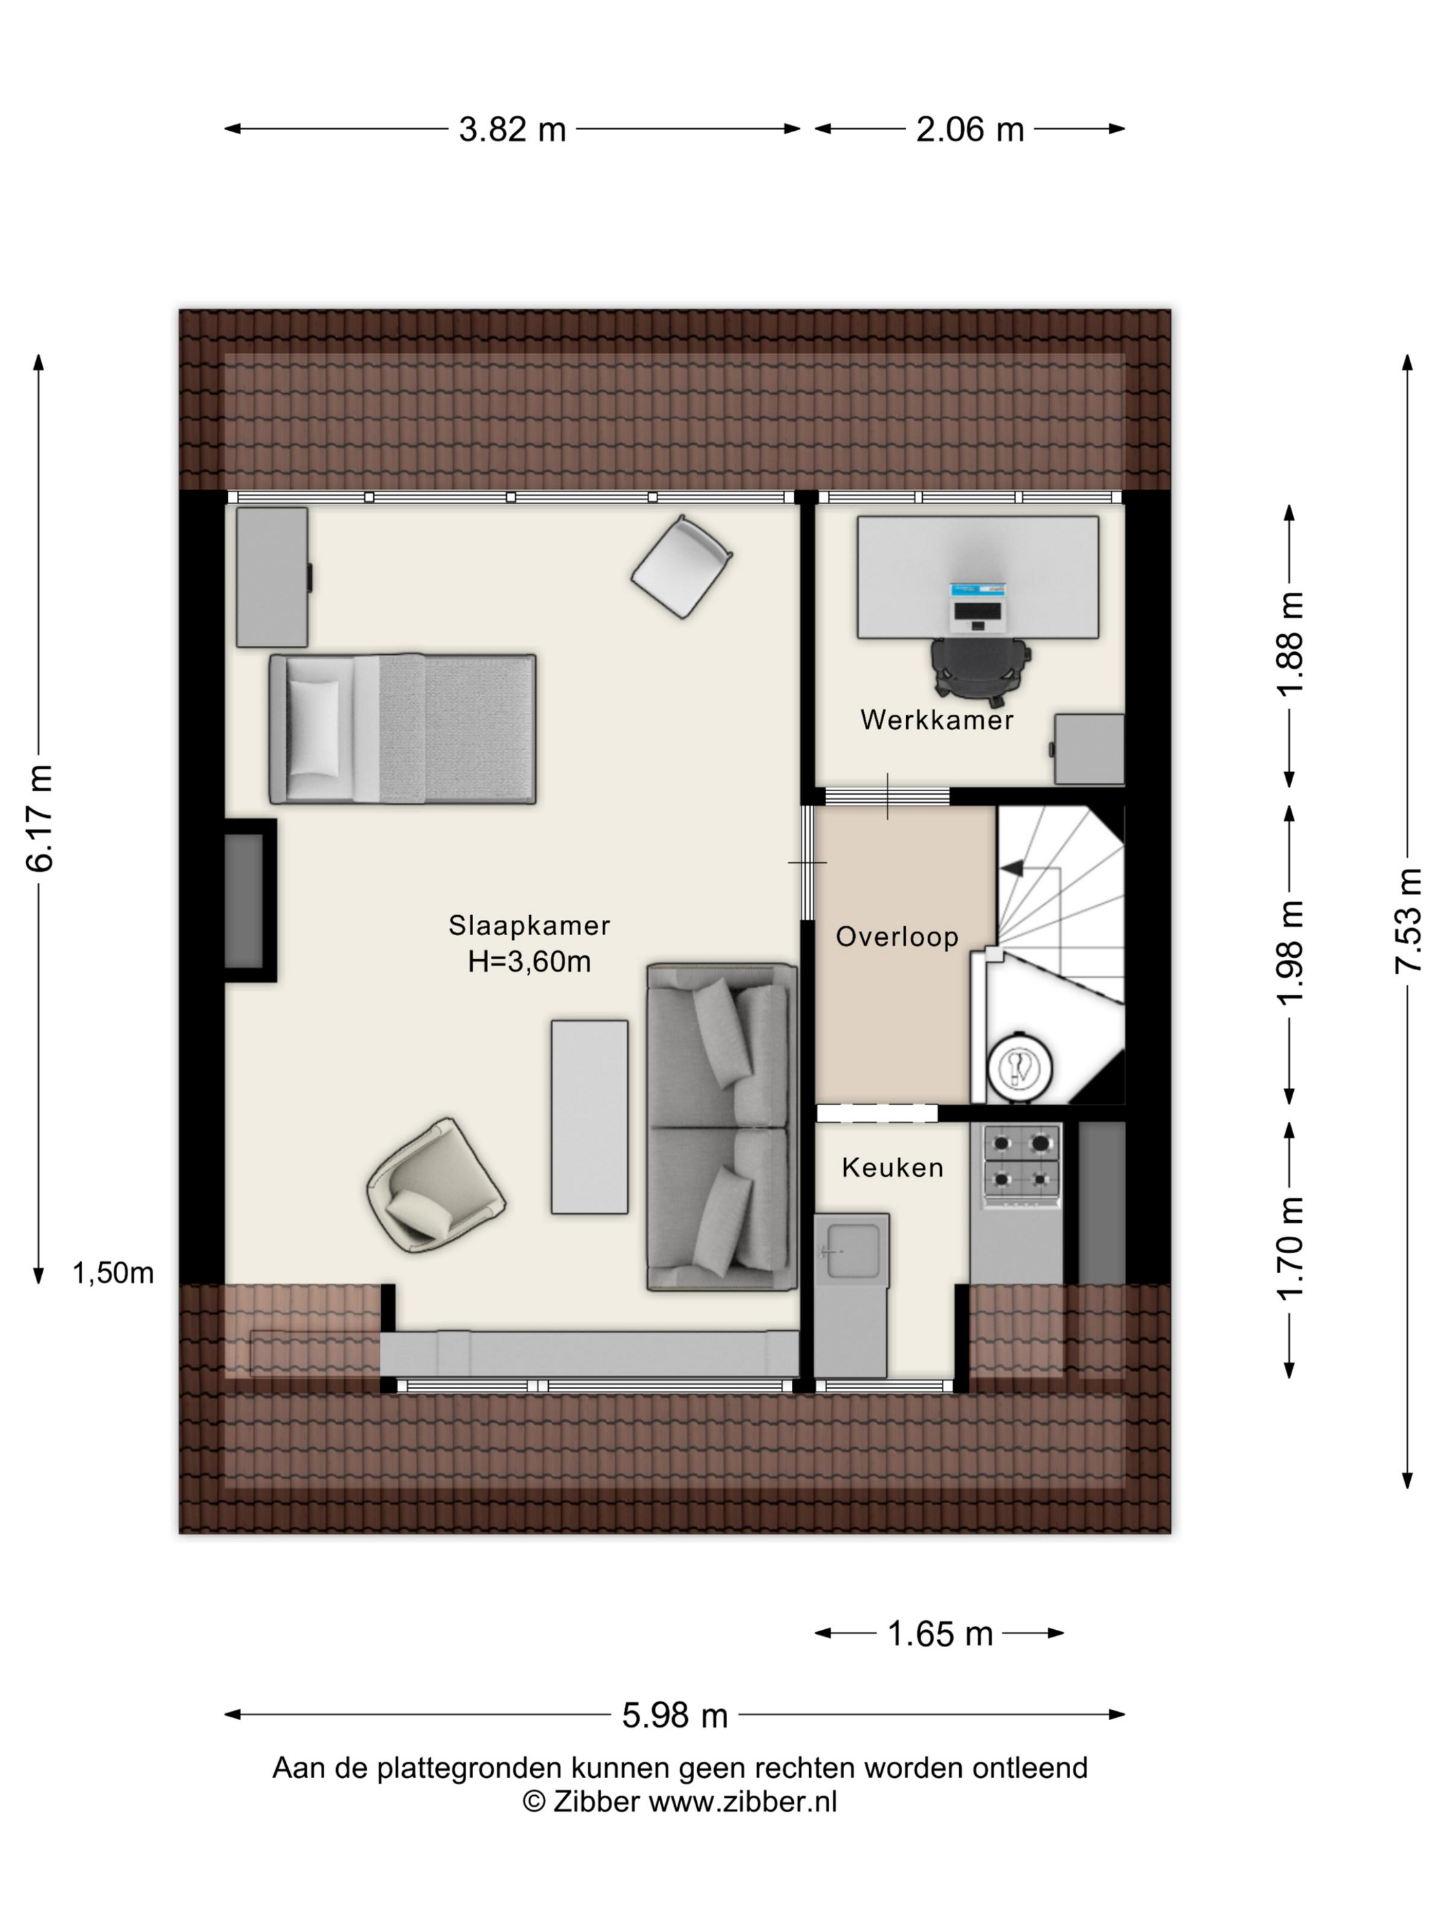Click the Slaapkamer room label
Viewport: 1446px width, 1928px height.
pos(529,925)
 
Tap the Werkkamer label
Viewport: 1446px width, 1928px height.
pos(937,720)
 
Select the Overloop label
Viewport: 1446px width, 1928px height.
pos(897,937)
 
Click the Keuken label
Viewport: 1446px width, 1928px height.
pos(892,1168)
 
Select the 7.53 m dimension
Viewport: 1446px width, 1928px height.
pos(1409,921)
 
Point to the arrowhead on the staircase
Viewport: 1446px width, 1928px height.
pos(1012,867)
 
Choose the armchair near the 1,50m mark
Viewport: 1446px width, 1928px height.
pos(436,1186)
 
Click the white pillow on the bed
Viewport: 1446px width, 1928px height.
pos(314,729)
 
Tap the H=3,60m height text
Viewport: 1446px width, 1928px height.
pos(529,961)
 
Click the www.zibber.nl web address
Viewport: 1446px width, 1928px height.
pos(742,1801)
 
